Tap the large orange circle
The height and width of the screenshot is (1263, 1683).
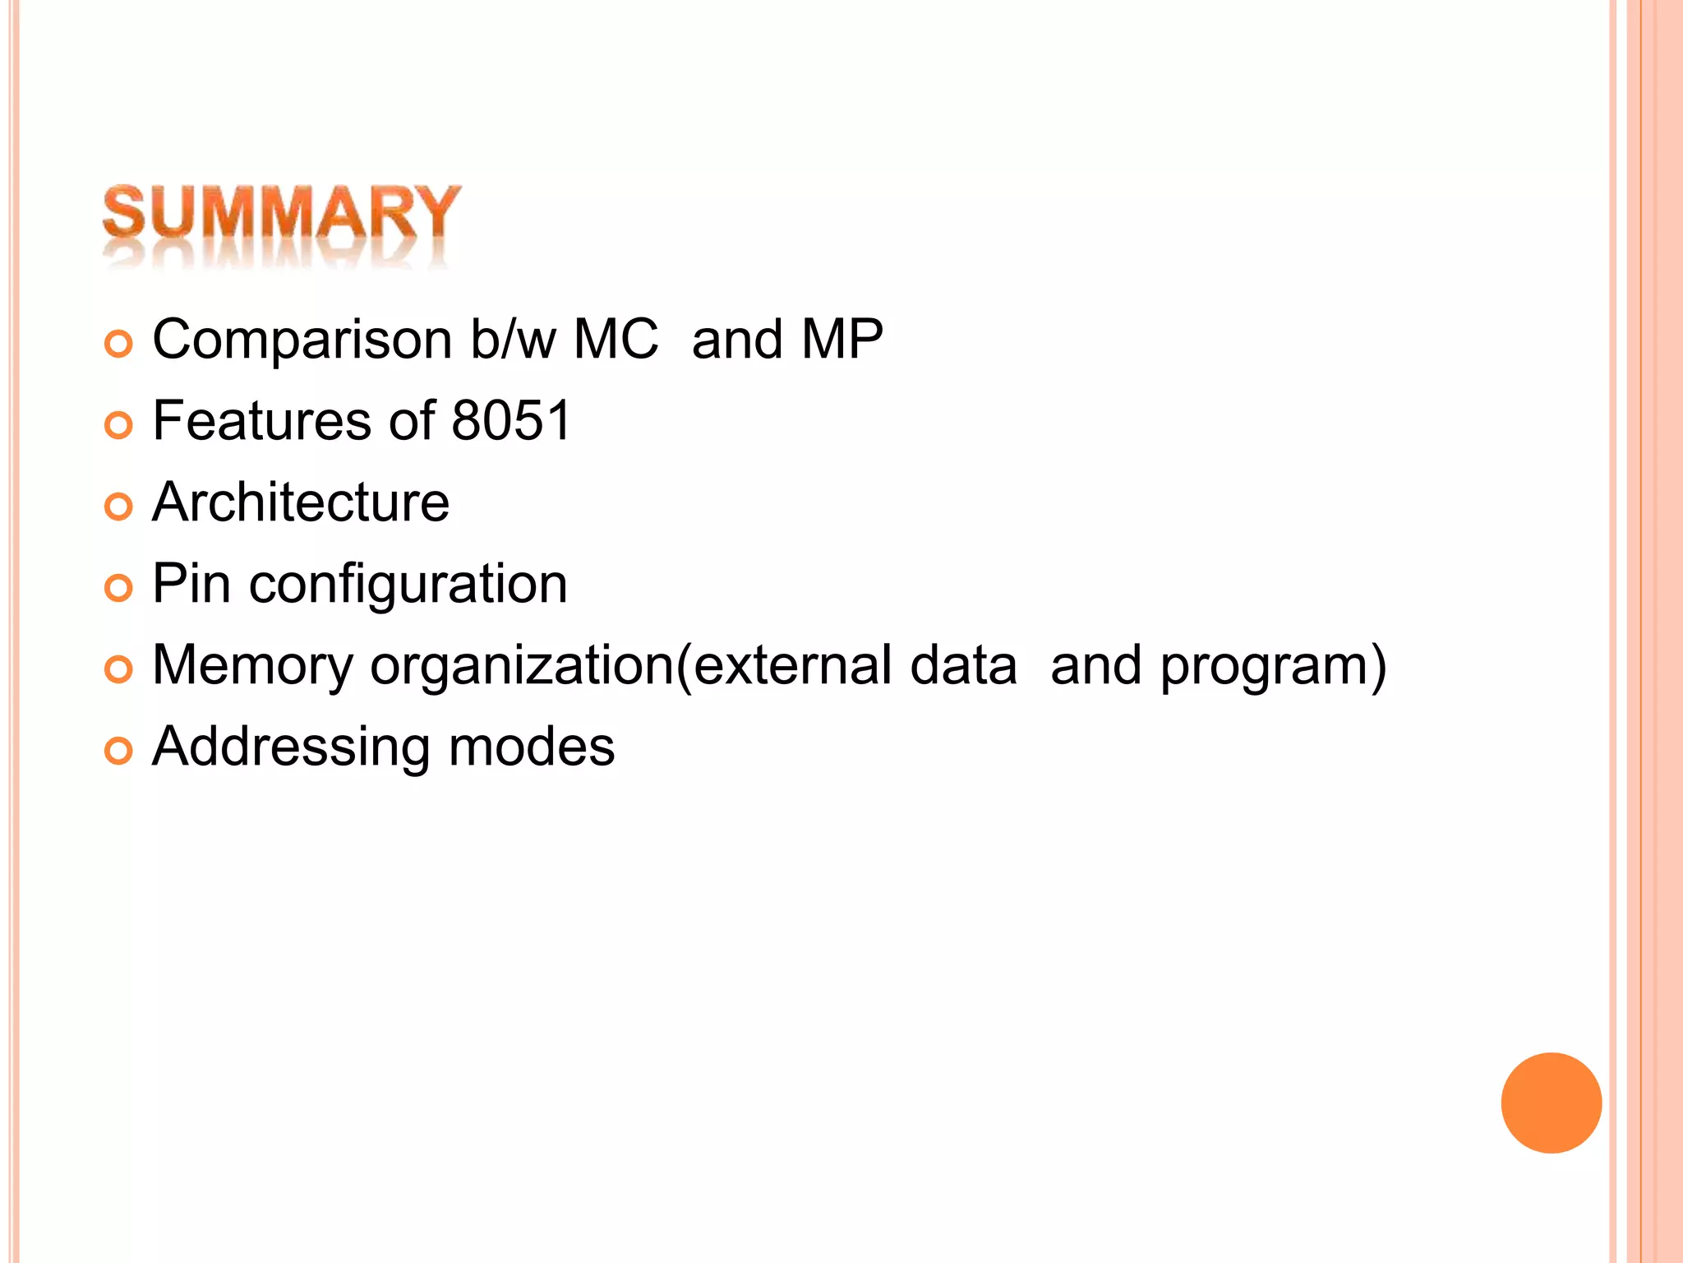click(1551, 1103)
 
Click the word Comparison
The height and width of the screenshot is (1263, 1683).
click(302, 340)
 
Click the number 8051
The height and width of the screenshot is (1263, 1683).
click(511, 420)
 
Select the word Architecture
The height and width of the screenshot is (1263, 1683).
click(301, 502)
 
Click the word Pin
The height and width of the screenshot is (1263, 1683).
click(191, 583)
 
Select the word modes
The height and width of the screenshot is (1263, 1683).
click(532, 747)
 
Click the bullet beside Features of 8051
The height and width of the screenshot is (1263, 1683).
click(119, 425)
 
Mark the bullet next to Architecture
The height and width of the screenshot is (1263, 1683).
click(119, 507)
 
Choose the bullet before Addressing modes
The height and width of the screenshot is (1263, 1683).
click(119, 751)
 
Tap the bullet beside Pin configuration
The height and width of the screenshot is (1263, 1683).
click(119, 588)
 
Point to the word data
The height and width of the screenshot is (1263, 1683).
click(963, 664)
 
